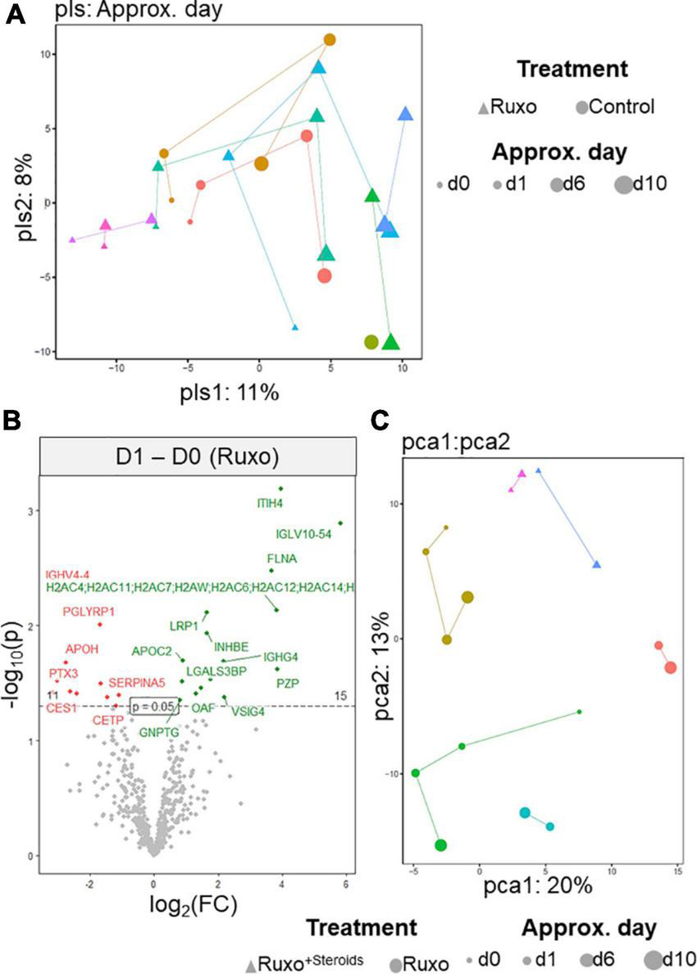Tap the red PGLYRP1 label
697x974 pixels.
click(89, 612)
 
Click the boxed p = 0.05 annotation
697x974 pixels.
click(154, 706)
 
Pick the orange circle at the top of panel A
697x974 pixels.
click(330, 39)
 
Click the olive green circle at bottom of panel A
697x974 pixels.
click(371, 342)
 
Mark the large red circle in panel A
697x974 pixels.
click(325, 276)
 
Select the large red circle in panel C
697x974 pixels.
click(671, 667)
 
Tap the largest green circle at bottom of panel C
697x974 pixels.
click(440, 845)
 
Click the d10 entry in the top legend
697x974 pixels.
click(640, 184)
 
